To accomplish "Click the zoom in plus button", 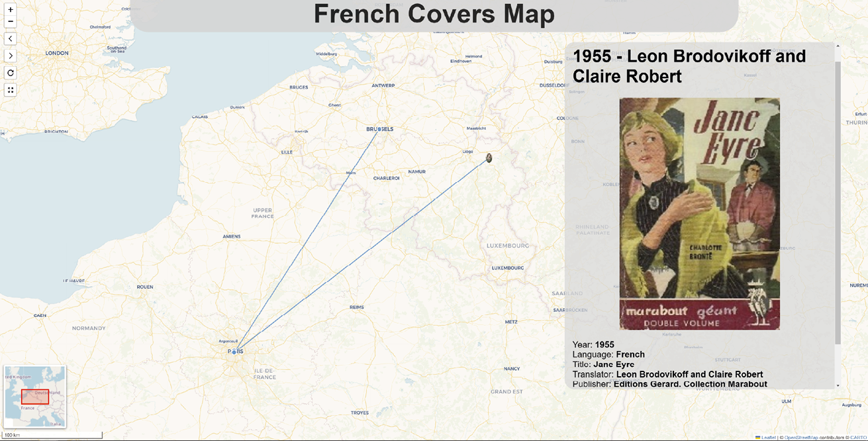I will [10, 10].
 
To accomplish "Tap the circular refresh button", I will [10, 73].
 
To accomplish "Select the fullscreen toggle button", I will [10, 90].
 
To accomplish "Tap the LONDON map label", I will [57, 53].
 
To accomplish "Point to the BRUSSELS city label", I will [380, 129].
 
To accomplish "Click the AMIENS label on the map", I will [232, 236].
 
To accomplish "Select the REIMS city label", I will [357, 307].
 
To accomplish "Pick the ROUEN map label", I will [145, 287].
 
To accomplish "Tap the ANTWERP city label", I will [383, 85].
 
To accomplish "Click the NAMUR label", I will [417, 171].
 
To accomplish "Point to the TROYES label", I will [360, 413].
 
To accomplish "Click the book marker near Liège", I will [489, 158].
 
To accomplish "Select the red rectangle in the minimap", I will [34, 397].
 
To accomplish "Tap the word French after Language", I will [630, 354].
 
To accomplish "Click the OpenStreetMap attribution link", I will [801, 437].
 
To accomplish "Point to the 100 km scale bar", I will [53, 435].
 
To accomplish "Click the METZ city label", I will [511, 322].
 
